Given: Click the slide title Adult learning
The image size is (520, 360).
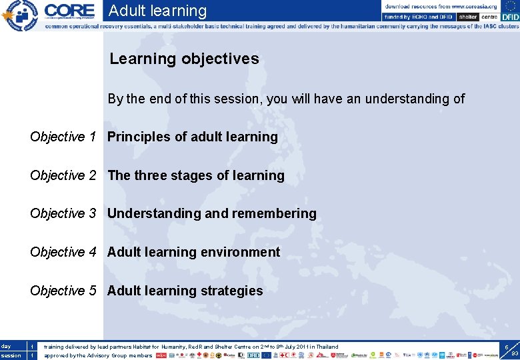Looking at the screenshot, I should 157,11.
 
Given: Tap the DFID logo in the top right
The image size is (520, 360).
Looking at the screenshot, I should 509,17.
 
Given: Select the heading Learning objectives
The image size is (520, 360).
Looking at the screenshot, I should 184,59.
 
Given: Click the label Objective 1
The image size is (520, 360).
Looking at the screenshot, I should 67,137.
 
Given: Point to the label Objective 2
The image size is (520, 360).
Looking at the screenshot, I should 67,175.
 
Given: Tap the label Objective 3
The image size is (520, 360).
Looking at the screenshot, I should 67,213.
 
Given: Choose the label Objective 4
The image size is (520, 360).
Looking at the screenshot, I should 67,252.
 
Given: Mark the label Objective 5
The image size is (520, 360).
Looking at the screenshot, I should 67,291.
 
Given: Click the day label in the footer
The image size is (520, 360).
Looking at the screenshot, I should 6,346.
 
